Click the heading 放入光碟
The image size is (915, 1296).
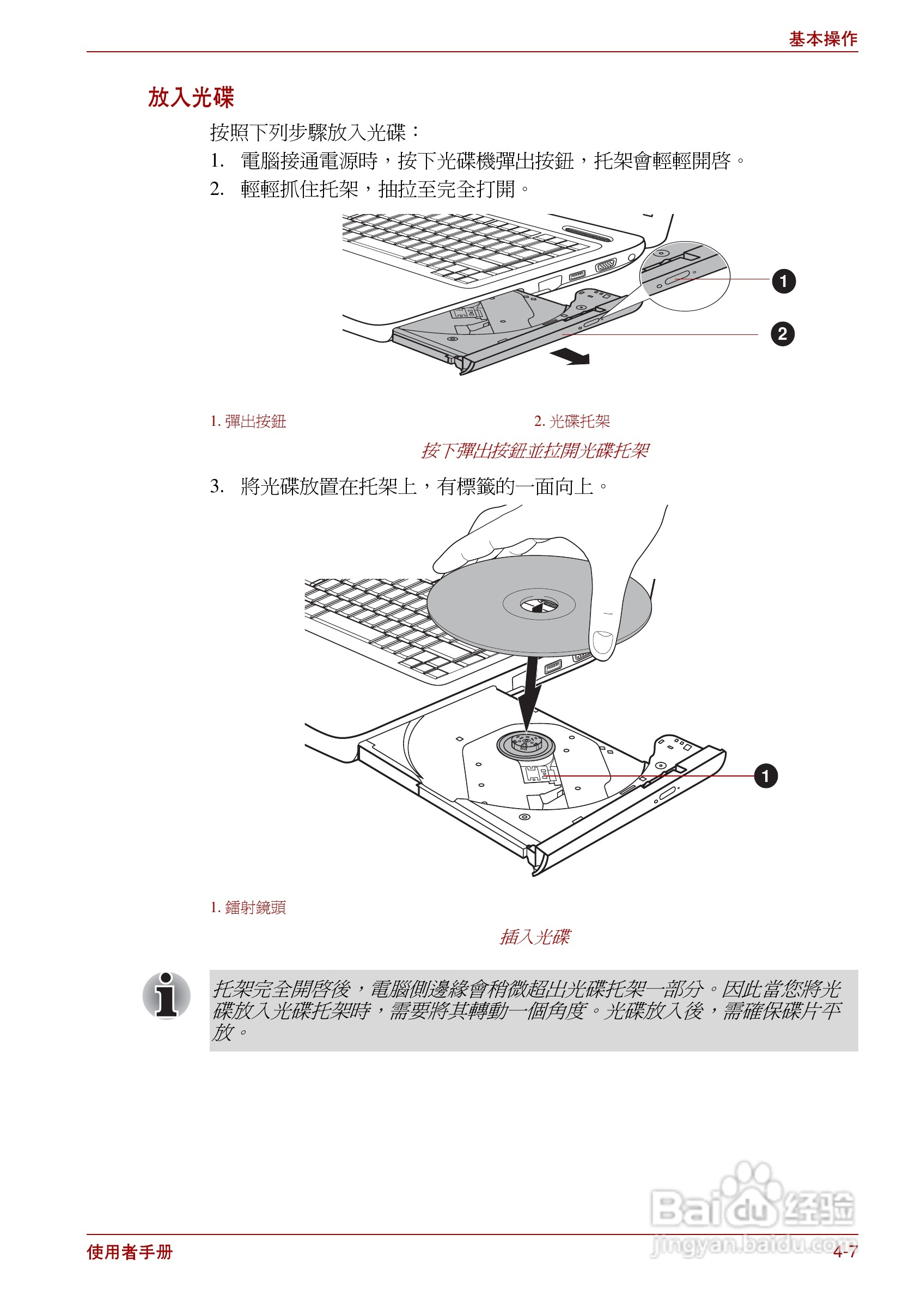(191, 97)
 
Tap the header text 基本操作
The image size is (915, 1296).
(822, 39)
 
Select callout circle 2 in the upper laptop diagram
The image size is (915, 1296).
(782, 334)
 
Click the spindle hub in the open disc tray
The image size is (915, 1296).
(526, 743)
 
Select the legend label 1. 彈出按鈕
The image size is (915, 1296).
(248, 421)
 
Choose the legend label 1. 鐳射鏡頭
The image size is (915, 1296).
(248, 907)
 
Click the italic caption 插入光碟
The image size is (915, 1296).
(534, 938)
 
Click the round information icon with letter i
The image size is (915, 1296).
(167, 996)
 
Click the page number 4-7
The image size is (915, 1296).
(844, 1252)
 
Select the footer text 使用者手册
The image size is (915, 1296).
(130, 1252)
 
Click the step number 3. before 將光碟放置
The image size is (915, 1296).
(217, 486)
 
